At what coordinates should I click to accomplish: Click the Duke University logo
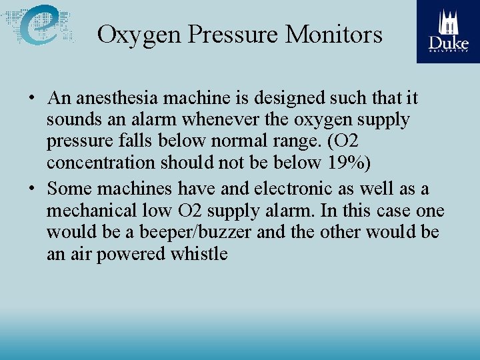[x=448, y=31]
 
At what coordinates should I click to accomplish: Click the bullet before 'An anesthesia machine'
[x=32, y=99]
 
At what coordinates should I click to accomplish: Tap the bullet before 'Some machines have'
[x=32, y=189]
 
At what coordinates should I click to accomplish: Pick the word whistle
[x=199, y=255]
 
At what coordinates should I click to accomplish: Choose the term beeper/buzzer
[x=197, y=233]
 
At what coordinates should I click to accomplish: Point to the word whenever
[x=196, y=121]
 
